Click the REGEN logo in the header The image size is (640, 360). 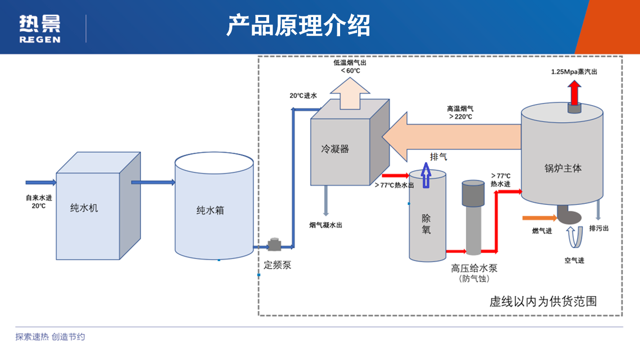40,29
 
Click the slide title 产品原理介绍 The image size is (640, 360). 298,26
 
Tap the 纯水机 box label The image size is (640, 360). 84,208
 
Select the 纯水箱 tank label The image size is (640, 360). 210,211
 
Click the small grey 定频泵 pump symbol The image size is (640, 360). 274,245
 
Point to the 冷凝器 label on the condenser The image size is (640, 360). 335,149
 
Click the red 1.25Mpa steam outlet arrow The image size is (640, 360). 574,93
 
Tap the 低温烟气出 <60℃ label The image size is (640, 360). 350,67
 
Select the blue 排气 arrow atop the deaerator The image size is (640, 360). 426,175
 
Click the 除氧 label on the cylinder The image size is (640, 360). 426,224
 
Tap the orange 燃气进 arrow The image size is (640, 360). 539,218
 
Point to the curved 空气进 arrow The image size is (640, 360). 574,237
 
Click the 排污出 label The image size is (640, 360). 598,228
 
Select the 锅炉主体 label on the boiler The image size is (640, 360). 563,168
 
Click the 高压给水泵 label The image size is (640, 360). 474,268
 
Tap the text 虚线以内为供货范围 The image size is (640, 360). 543,301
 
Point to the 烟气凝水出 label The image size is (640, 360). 325,225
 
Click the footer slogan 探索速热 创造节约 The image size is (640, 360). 50,337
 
